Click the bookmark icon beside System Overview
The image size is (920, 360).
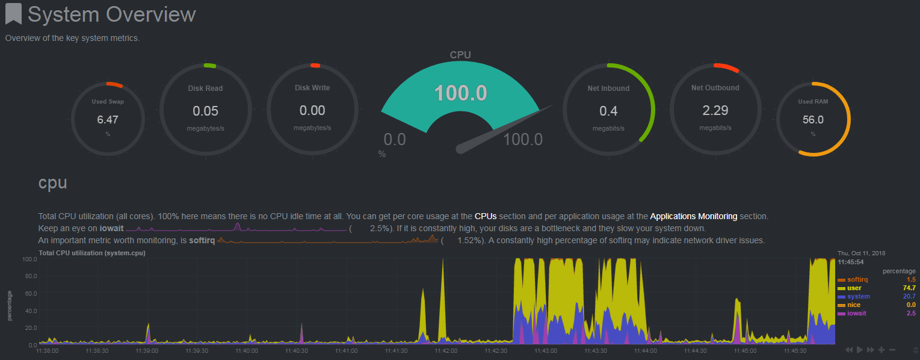14,14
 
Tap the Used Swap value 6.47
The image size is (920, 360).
108,119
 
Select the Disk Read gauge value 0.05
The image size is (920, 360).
205,111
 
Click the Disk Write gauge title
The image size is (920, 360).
312,88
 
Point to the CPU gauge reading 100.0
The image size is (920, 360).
460,93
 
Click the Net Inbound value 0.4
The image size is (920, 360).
608,111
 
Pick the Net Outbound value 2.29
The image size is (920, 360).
715,110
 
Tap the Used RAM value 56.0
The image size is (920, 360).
812,119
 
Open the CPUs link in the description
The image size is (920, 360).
486,216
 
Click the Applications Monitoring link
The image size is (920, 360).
693,216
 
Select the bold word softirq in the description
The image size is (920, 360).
202,241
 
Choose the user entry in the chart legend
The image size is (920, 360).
854,288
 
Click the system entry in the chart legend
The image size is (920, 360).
858,297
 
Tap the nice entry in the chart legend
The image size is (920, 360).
853,305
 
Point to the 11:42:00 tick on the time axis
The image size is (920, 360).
446,350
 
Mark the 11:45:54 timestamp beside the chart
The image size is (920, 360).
851,262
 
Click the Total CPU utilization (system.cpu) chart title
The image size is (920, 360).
92,253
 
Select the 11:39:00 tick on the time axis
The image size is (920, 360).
147,350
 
